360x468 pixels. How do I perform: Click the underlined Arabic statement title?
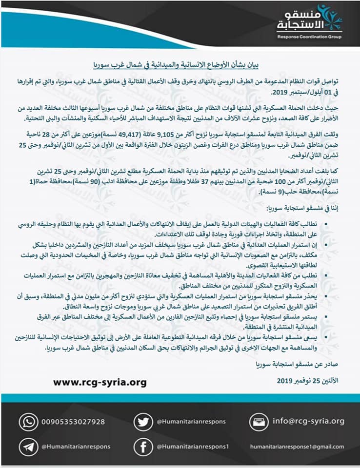[180, 63]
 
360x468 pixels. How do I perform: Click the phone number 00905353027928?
[73, 421]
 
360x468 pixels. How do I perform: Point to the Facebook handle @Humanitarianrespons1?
[193, 446]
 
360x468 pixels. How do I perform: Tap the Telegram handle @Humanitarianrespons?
[76, 446]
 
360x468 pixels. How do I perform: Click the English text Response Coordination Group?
[310, 36]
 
